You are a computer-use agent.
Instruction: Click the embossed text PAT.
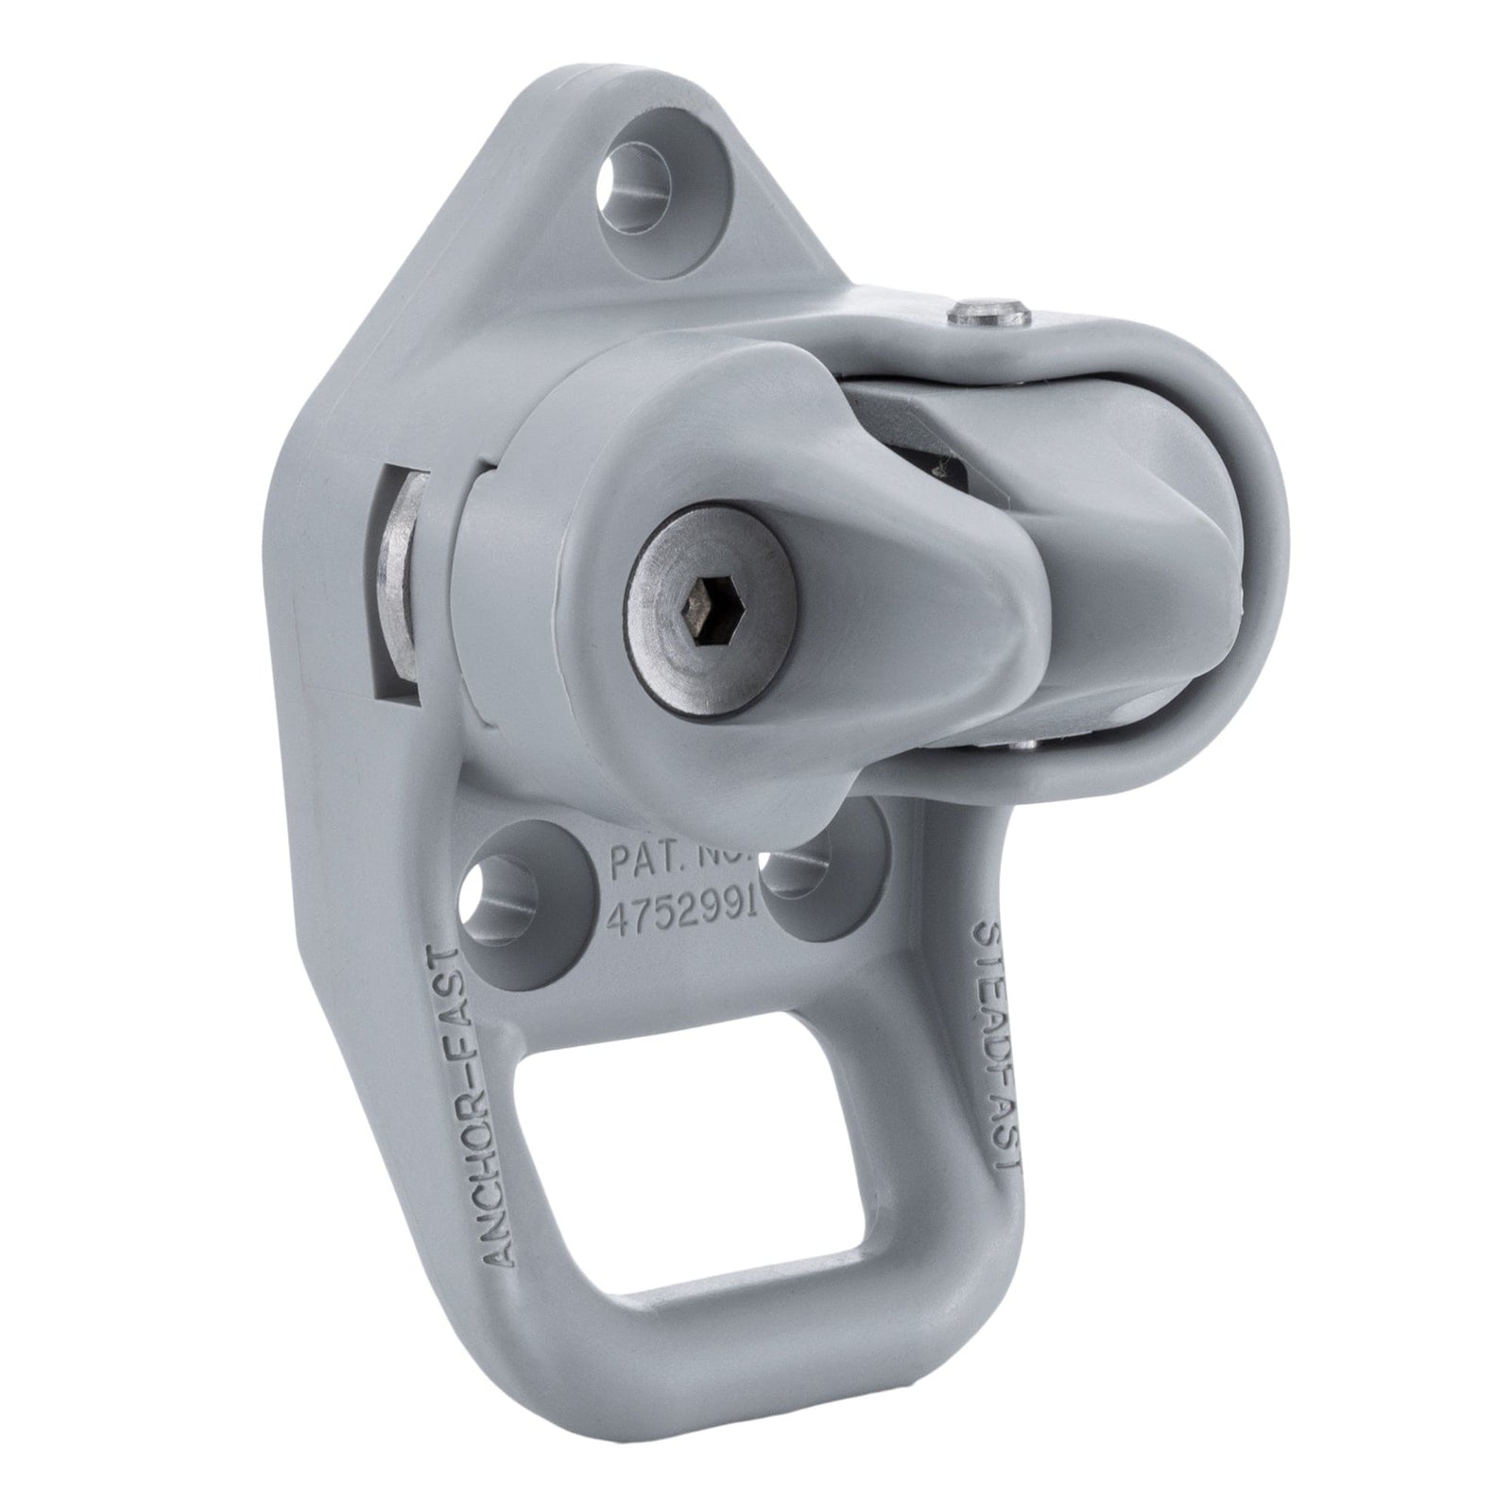(643, 863)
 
